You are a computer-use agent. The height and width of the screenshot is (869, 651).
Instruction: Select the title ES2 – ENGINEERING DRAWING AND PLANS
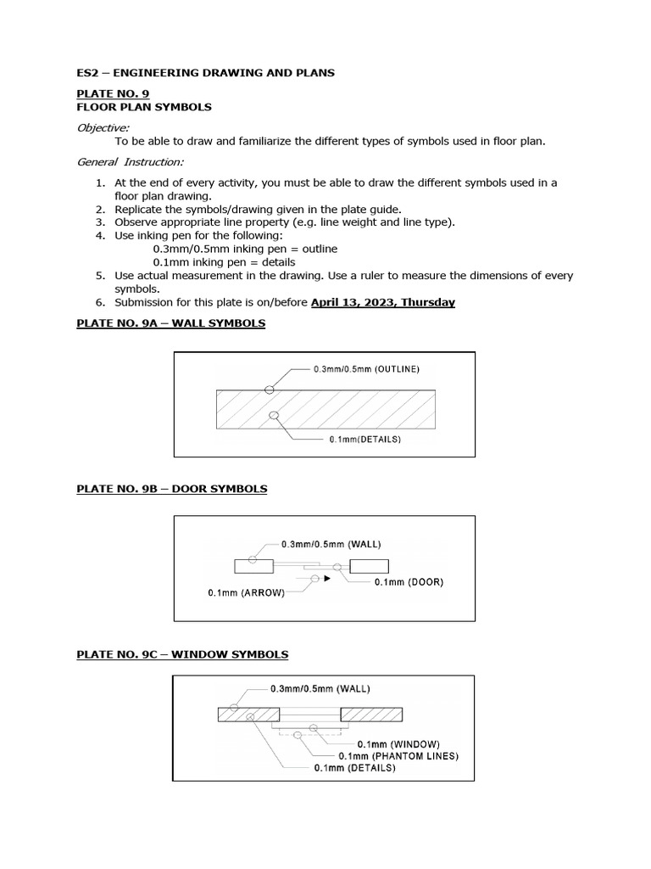point(205,73)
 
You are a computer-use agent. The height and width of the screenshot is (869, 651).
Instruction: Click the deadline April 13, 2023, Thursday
point(382,302)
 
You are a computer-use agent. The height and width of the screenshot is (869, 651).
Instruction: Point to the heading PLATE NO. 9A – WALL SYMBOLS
point(170,324)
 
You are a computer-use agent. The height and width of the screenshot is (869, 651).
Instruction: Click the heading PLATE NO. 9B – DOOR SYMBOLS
point(171,489)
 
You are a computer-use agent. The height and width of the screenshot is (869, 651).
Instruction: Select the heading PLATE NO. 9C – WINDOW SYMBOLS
point(182,654)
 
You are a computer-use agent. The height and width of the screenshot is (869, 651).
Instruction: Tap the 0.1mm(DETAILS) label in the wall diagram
point(364,440)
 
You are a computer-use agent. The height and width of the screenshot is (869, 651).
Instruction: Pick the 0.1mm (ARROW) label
point(246,593)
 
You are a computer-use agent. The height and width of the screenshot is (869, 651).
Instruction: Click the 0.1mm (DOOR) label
point(409,582)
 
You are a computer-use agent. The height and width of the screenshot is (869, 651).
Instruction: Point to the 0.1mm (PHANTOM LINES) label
point(398,755)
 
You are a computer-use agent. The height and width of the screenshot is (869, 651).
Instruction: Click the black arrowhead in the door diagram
point(326,579)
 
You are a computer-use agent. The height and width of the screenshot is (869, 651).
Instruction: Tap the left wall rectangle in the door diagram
point(253,566)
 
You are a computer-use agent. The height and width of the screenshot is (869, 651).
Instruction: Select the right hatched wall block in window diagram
point(376,715)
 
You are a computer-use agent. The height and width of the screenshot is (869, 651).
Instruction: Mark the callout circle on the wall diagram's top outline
point(269,390)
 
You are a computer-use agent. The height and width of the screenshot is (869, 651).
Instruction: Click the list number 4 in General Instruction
point(99,235)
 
